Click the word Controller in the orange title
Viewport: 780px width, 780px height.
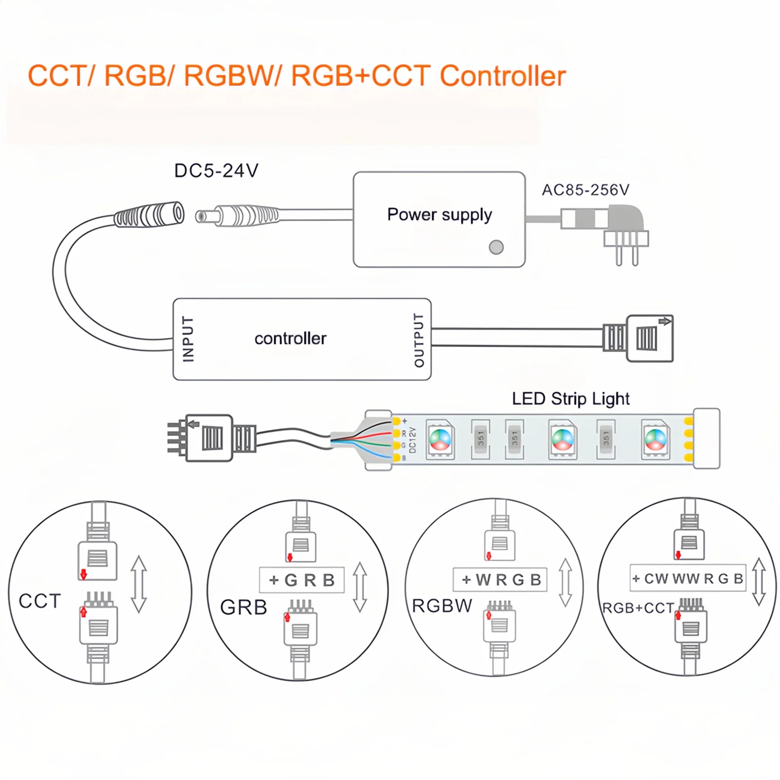(503, 76)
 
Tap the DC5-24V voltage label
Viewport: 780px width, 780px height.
(216, 171)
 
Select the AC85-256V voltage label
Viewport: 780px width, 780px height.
(585, 190)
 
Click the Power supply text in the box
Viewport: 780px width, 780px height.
(439, 214)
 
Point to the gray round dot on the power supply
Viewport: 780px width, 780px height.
(496, 247)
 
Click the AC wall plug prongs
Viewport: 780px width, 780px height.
(627, 253)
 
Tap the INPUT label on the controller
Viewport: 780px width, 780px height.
(188, 339)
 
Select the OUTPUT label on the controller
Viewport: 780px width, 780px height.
(419, 340)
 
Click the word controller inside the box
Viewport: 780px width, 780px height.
(291, 338)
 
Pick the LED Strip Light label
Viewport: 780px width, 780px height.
(570, 399)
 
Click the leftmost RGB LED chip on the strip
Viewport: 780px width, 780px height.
(440, 439)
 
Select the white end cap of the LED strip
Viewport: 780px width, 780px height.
(706, 438)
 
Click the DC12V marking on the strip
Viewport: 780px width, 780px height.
(412, 440)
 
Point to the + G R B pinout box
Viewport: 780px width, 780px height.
(302, 580)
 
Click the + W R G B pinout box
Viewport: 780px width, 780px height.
(500, 580)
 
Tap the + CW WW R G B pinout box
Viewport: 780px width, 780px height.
(688, 578)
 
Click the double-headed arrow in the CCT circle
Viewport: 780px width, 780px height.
(139, 584)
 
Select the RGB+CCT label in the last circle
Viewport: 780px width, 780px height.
(638, 608)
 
